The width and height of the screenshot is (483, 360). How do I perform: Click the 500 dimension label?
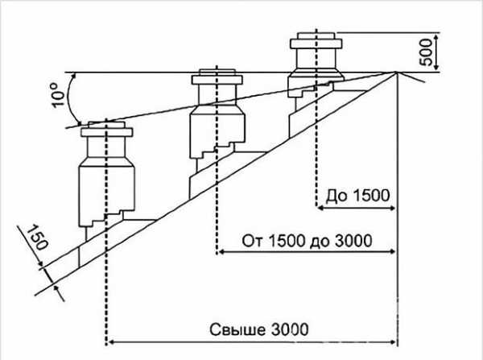point(427,52)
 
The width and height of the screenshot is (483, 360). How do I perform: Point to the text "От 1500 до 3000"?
point(306,240)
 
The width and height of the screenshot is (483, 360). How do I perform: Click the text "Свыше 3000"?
point(258,329)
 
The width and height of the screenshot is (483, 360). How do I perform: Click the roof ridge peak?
point(397,72)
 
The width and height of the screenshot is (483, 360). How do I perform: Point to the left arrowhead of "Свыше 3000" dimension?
point(111,341)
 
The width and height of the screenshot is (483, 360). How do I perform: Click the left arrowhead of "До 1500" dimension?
point(319,209)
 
